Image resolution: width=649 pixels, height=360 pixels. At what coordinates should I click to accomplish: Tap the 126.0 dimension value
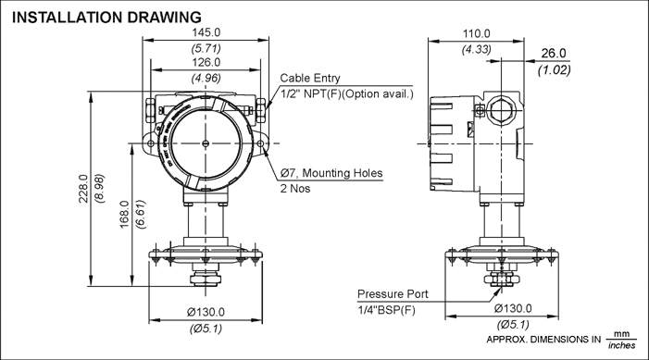pyautogui.click(x=205, y=63)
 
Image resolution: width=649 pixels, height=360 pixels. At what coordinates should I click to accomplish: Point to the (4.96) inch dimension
pyautogui.click(x=205, y=78)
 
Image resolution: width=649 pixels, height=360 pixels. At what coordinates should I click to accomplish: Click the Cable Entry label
pyautogui.click(x=310, y=80)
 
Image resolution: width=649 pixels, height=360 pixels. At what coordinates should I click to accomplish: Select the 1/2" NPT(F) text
pyautogui.click(x=314, y=94)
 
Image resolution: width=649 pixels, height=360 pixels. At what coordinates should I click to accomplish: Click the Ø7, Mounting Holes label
pyautogui.click(x=331, y=173)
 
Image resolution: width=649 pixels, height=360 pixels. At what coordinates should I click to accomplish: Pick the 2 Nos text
pyautogui.click(x=297, y=188)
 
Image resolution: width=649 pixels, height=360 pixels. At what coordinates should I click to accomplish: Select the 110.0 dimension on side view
pyautogui.click(x=477, y=32)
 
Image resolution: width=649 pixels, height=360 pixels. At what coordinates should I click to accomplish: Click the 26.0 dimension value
pyautogui.click(x=554, y=54)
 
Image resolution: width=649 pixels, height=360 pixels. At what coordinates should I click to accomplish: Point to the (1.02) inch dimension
pyautogui.click(x=554, y=68)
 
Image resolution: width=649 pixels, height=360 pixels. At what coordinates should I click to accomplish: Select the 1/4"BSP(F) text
pyautogui.click(x=388, y=309)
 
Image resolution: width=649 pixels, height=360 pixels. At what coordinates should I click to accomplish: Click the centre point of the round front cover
pyautogui.click(x=205, y=143)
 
